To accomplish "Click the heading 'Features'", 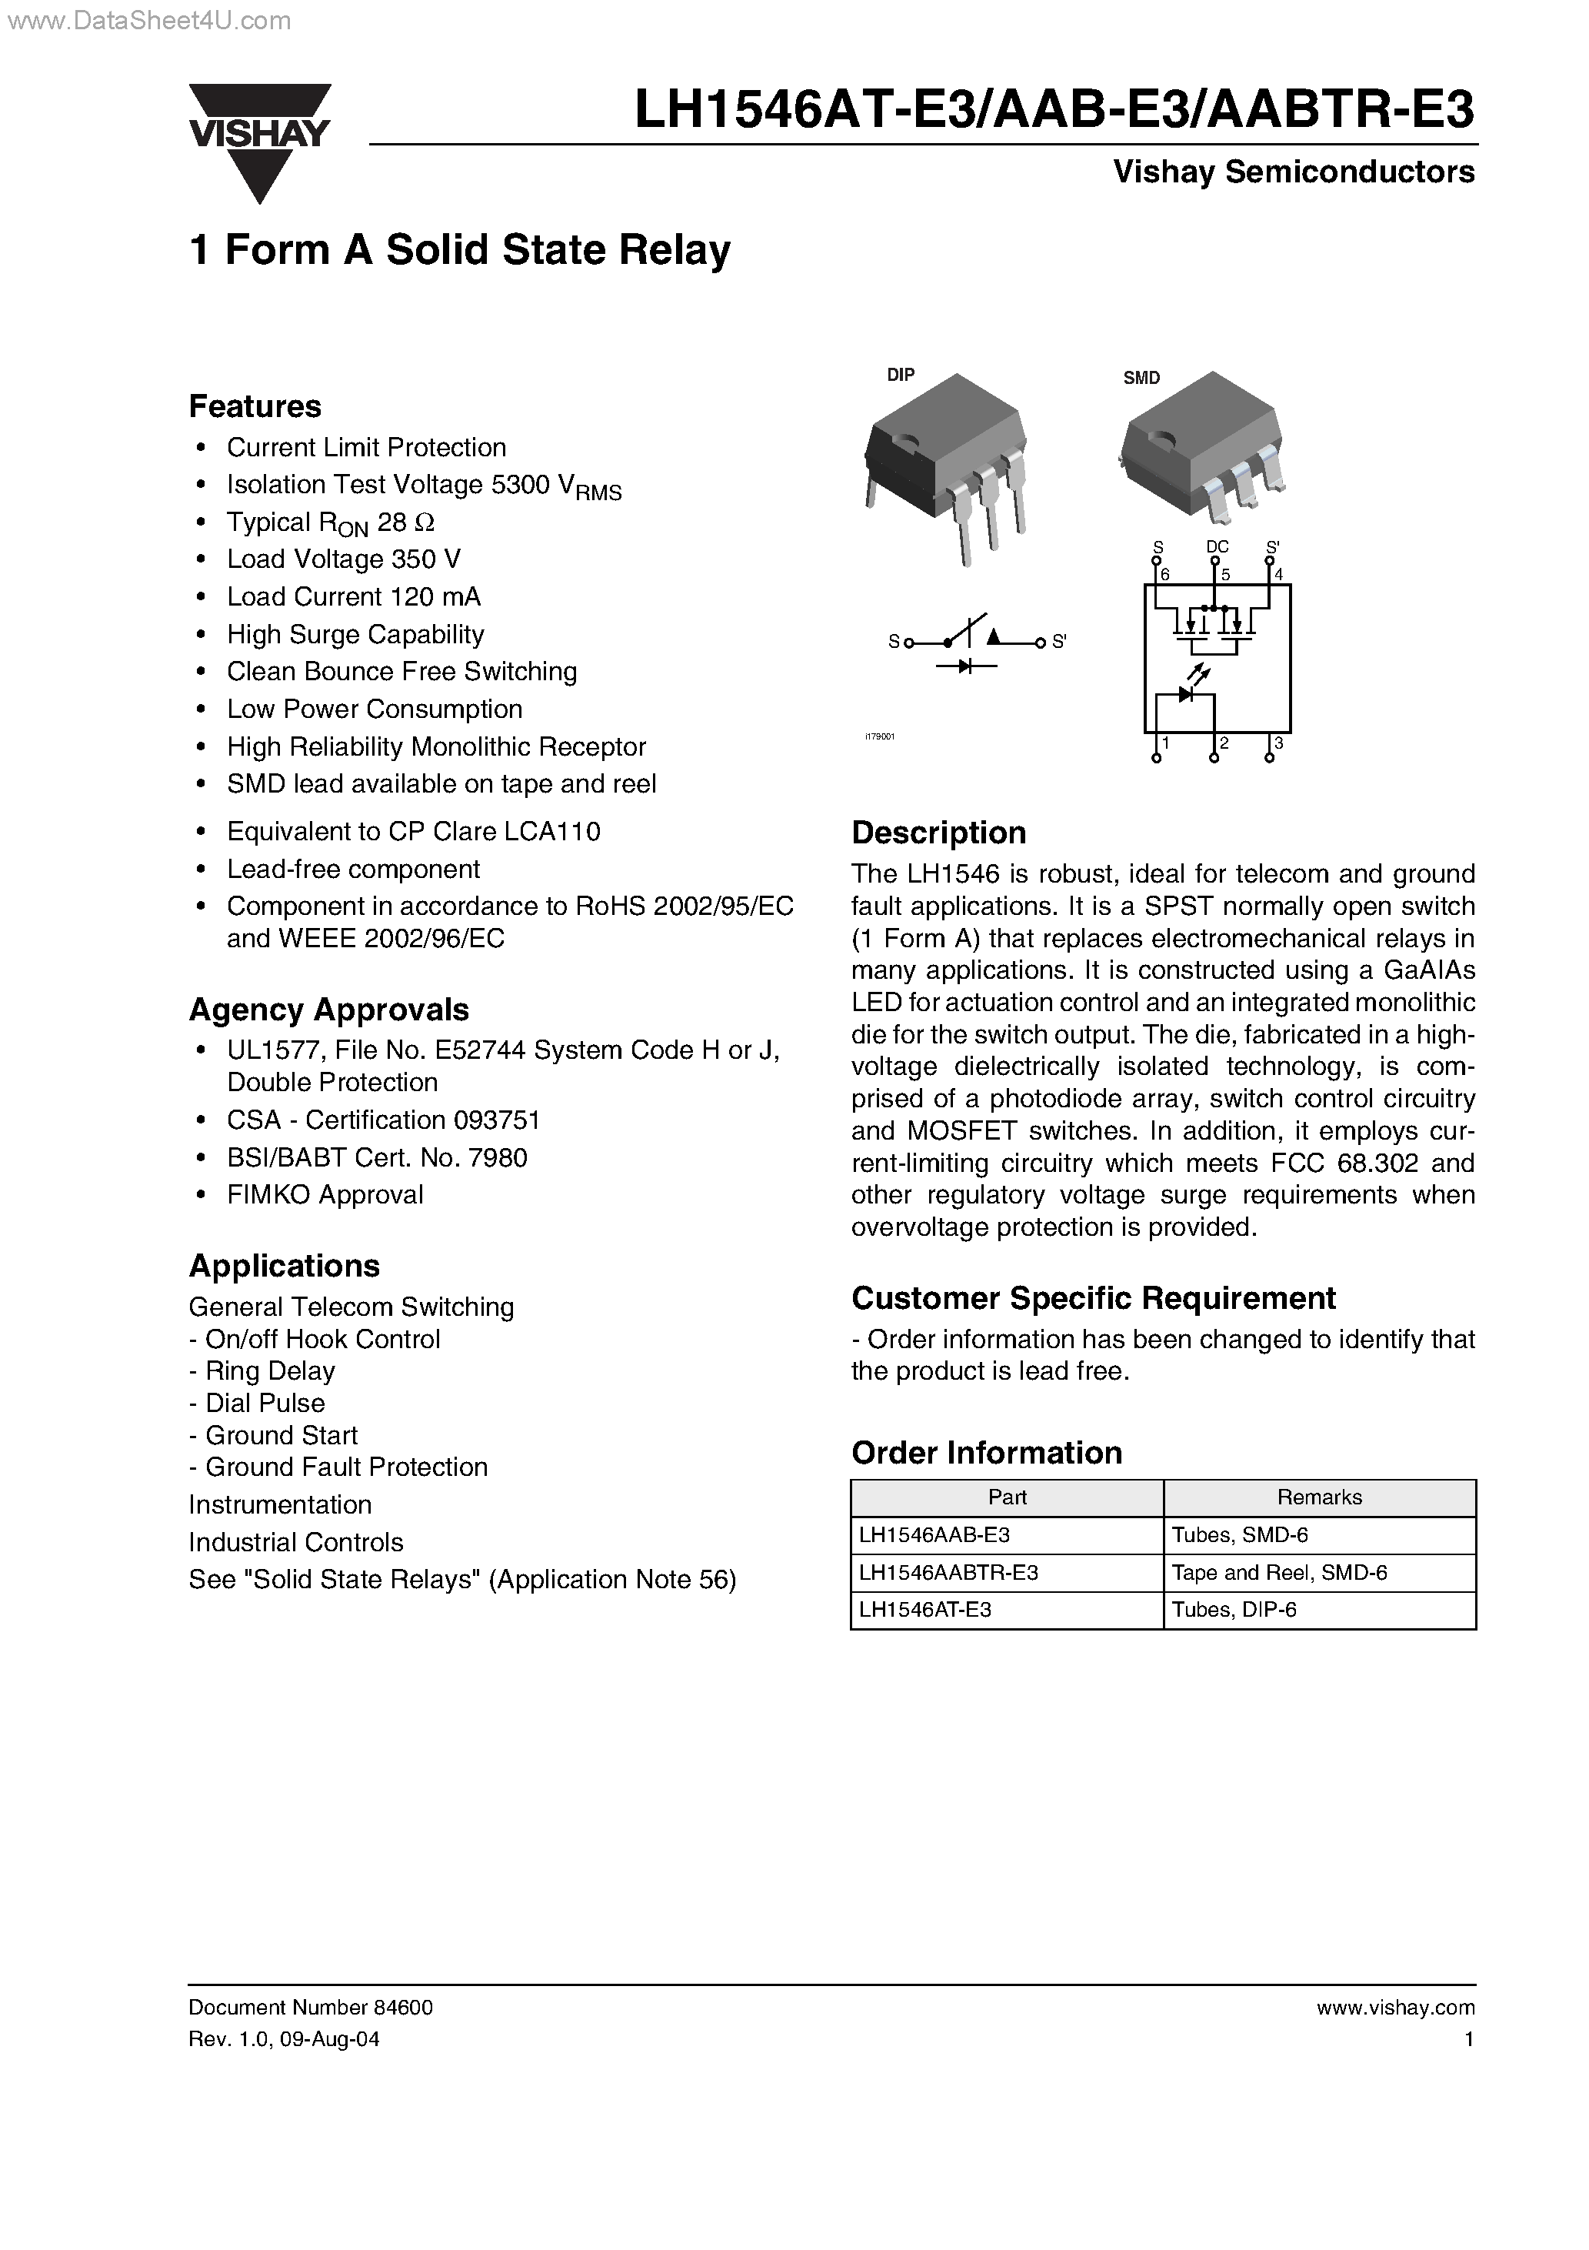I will (255, 406).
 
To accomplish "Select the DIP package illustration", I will (945, 466).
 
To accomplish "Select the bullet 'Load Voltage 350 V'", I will (343, 559).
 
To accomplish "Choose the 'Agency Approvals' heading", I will (328, 1010).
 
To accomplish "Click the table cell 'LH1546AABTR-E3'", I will (948, 1572).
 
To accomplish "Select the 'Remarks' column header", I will (1318, 1497).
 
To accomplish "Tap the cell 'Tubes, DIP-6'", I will (1234, 1609).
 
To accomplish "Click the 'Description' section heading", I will (938, 832).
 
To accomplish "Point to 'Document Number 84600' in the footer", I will (311, 2007).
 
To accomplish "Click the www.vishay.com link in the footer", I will (1395, 2007).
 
